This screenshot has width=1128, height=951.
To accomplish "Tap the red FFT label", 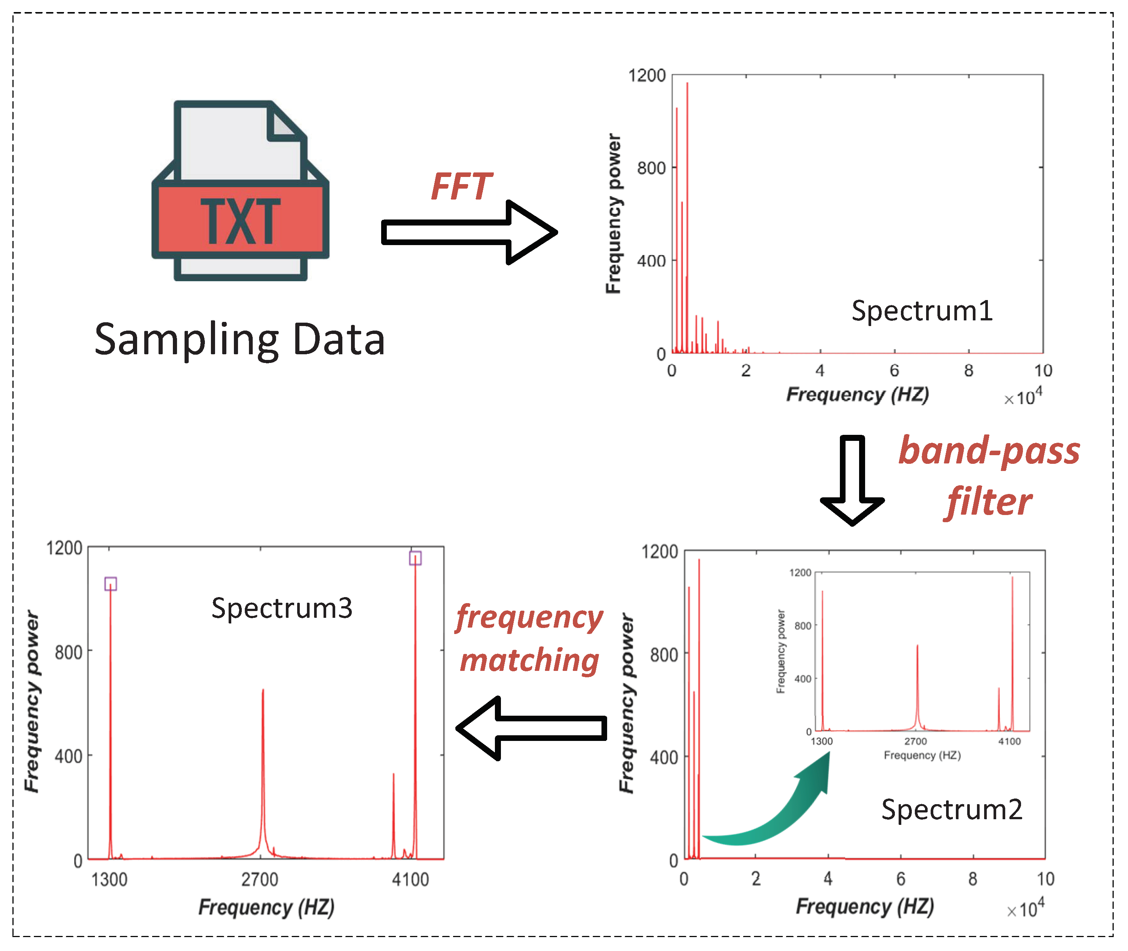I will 461,186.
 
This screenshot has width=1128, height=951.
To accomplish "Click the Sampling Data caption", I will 240,340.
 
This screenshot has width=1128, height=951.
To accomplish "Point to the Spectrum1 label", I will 922,311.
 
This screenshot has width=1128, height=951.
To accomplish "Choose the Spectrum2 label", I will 952,809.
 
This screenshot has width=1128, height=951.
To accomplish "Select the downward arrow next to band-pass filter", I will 852,479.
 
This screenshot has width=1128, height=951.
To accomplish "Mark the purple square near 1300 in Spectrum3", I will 110,584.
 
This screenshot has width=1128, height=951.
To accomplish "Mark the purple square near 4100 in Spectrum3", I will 415,558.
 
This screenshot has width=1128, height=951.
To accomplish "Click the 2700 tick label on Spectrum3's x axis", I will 260,879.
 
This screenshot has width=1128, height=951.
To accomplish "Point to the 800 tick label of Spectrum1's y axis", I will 651,168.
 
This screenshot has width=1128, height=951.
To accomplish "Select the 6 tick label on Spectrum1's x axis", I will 894,370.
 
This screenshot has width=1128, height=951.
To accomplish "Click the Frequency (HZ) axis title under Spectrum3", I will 266,907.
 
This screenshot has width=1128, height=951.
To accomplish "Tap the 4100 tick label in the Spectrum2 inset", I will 1009,741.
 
